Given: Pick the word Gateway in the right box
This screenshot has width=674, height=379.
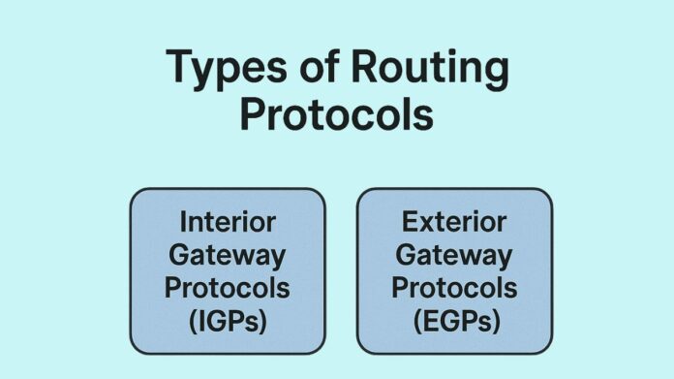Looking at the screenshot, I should [454, 255].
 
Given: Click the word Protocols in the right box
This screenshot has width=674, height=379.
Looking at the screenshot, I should [454, 289].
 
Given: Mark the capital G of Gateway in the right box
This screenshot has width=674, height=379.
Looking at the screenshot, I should [406, 255].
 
